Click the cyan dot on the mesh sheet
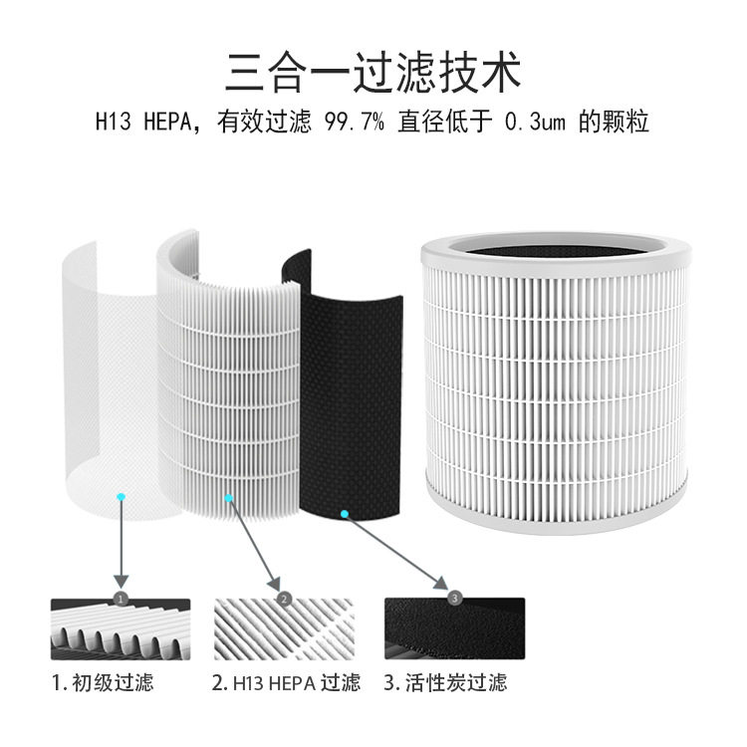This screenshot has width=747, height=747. tap(121, 495)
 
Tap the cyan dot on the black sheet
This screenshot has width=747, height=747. tap(345, 514)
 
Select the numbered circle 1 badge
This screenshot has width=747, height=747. tap(121, 599)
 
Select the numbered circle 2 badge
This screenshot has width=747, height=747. tap(285, 599)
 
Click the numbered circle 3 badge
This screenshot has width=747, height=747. tap(454, 599)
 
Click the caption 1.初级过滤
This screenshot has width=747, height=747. tap(104, 683)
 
